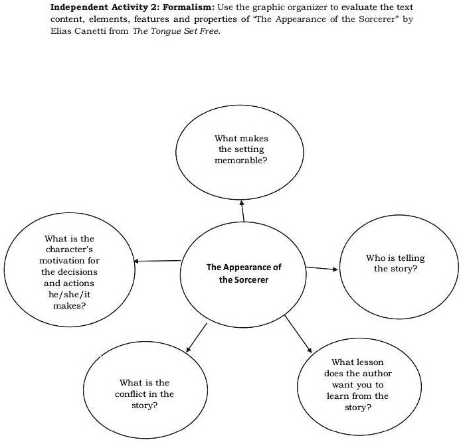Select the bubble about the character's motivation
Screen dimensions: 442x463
(x=69, y=271)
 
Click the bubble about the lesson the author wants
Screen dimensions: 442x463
(x=357, y=385)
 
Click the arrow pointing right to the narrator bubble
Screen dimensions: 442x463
(x=322, y=269)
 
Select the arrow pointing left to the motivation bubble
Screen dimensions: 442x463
(x=157, y=261)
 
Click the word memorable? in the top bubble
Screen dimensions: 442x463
(x=241, y=161)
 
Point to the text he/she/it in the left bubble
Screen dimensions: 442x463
(x=70, y=294)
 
